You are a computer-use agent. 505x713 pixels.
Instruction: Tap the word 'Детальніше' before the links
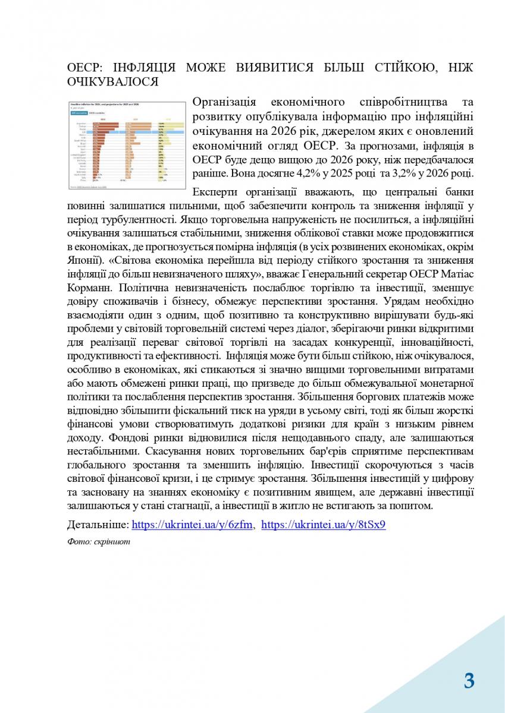pos(98,525)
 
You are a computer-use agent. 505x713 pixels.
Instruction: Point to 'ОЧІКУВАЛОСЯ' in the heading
pos(113,82)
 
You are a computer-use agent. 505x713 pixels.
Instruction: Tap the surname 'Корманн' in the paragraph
pos(89,288)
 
